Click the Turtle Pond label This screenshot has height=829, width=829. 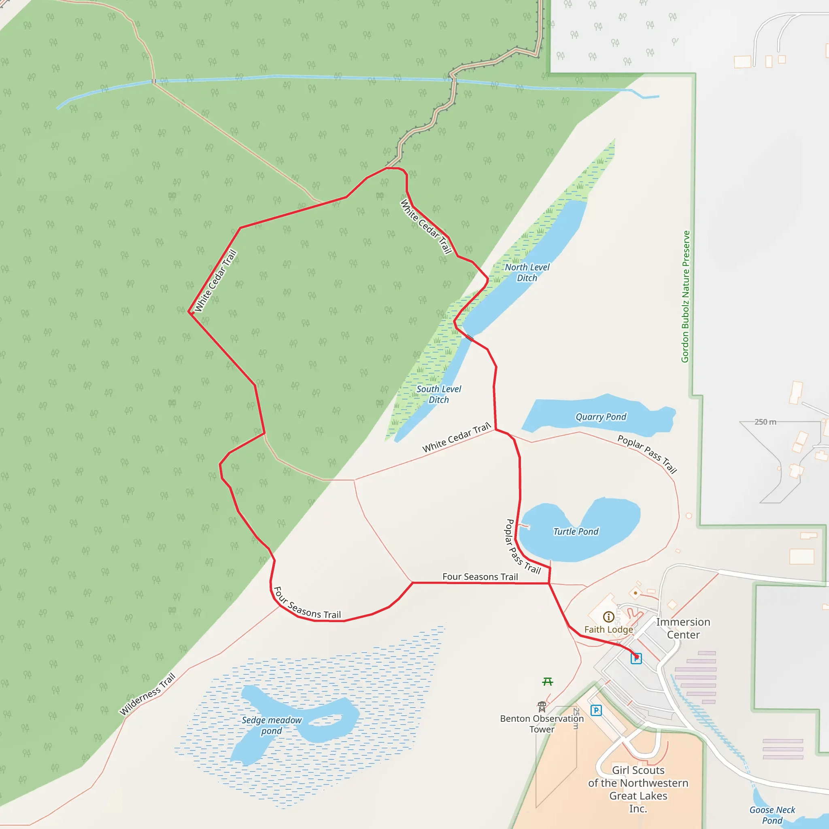point(576,531)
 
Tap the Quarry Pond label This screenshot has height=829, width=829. point(601,417)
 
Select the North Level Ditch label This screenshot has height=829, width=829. point(527,272)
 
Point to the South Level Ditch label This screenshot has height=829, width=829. point(438,394)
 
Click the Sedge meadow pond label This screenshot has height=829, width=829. point(272,725)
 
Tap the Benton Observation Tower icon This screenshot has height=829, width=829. point(542,707)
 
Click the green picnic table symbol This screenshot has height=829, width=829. point(548,681)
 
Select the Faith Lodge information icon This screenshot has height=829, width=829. point(608,617)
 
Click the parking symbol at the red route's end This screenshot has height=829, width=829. point(636,658)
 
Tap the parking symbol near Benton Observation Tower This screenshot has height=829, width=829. point(596,710)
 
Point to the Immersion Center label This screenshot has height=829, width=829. point(683,628)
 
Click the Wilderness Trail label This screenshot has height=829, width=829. point(148,694)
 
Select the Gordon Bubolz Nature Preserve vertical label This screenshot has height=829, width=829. point(686,296)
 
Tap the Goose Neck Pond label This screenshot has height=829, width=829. point(772,815)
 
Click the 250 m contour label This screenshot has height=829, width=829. point(765,422)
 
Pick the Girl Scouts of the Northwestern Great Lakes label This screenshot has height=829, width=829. point(638,789)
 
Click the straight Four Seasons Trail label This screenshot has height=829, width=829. point(480,577)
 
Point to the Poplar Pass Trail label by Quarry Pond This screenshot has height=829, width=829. point(647,453)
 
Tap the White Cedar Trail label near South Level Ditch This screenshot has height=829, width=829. point(456,437)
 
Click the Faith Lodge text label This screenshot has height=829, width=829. point(608,629)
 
